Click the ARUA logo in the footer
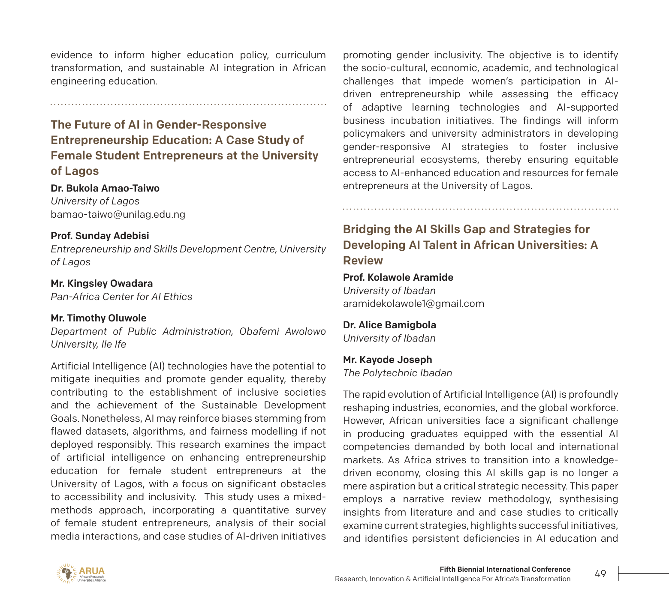[x=81, y=573]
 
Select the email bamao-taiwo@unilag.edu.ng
[x=118, y=214]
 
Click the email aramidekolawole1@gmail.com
[x=413, y=303]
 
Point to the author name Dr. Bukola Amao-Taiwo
[x=105, y=188]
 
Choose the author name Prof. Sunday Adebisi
[x=100, y=236]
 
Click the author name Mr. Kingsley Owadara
[x=102, y=283]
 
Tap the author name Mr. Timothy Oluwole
[x=99, y=318]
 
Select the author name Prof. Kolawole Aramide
[x=398, y=277]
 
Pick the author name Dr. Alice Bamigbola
[x=389, y=325]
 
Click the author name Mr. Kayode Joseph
[x=387, y=360]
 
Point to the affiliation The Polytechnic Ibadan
[x=397, y=373]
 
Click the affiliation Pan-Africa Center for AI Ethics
[x=121, y=297]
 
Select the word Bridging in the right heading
[x=367, y=229]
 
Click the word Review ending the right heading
[x=363, y=261]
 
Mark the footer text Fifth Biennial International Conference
[x=505, y=569]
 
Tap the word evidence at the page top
[x=72, y=55]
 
